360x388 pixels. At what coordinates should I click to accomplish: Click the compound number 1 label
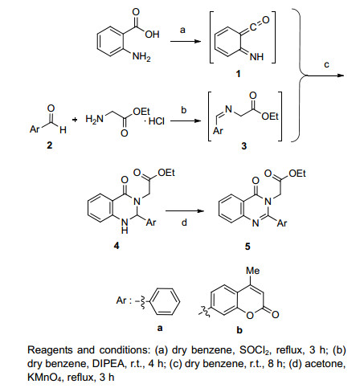pyautogui.click(x=238, y=74)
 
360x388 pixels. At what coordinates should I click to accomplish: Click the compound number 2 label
pyautogui.click(x=50, y=145)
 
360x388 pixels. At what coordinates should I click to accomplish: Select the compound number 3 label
pyautogui.click(x=244, y=146)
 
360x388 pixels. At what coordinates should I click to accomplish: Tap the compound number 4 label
pyautogui.click(x=117, y=246)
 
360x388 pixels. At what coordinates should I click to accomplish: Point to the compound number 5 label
pyautogui.click(x=247, y=246)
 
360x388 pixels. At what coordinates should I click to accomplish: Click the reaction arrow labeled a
pyautogui.click(x=186, y=42)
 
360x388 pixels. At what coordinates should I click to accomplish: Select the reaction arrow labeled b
pyautogui.click(x=186, y=120)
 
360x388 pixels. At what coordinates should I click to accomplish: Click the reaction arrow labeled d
pyautogui.click(x=185, y=211)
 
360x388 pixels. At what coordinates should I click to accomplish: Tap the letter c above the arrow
pyautogui.click(x=326, y=65)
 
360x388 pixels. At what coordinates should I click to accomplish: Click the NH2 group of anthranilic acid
pyautogui.click(x=141, y=57)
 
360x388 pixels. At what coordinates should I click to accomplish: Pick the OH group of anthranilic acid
pyautogui.click(x=153, y=35)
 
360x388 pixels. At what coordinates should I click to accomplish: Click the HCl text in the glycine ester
pyautogui.click(x=157, y=121)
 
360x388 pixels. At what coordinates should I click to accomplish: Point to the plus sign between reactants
pyautogui.click(x=75, y=120)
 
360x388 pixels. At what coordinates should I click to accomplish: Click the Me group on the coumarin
pyautogui.click(x=253, y=271)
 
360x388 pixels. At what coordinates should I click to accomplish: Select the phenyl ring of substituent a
pyautogui.click(x=165, y=301)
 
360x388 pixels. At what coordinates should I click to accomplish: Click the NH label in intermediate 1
pyautogui.click(x=256, y=57)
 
